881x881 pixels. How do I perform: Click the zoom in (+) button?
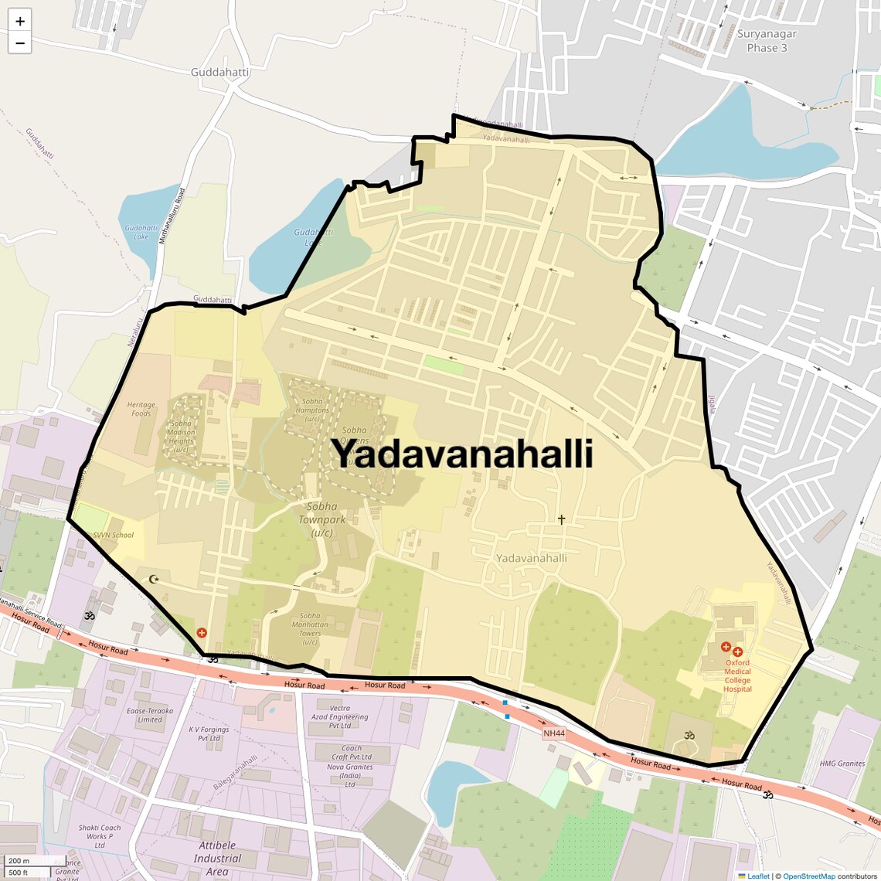19,21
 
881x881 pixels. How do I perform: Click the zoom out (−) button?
19,43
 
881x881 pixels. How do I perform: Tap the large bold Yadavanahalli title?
462,454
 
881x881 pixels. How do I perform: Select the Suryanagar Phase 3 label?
767,41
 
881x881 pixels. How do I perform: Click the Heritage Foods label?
141,409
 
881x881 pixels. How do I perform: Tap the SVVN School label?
114,535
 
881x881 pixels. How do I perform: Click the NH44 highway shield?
553,733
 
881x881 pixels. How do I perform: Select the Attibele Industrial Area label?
217,858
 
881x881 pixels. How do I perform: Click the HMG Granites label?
842,764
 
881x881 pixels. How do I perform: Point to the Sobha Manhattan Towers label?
310,629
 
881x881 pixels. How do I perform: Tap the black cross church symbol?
561,520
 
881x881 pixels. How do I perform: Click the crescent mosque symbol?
153,579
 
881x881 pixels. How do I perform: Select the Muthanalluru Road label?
172,217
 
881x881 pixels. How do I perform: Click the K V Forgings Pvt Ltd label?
209,733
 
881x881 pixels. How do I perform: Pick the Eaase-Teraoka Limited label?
150,715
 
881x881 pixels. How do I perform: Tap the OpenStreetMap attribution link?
808,876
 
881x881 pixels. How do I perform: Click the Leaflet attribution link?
757,876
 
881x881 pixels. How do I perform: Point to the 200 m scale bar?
19,861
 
